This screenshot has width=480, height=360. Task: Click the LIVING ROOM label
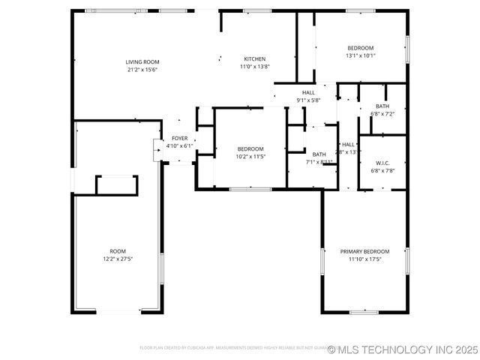click(142, 61)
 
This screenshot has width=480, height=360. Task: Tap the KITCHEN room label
click(255, 58)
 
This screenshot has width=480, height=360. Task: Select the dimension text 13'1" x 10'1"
click(360, 55)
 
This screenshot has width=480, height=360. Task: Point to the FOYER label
click(179, 138)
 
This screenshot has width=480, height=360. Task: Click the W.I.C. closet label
click(382, 163)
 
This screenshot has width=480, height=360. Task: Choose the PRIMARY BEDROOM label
click(364, 251)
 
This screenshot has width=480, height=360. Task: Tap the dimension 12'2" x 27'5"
click(118, 259)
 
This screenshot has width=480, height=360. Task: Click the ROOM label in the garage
click(118, 251)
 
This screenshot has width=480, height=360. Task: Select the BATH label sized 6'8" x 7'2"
click(382, 106)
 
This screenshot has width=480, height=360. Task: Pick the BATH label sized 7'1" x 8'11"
click(319, 154)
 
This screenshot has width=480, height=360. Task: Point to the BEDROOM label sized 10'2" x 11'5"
click(250, 148)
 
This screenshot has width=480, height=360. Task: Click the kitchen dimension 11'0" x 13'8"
click(255, 66)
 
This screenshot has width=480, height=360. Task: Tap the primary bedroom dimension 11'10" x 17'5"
click(364, 259)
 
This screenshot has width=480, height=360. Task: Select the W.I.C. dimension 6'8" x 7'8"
click(382, 170)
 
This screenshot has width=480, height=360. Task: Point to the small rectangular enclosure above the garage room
click(116, 184)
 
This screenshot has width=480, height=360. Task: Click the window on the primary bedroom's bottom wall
click(364, 312)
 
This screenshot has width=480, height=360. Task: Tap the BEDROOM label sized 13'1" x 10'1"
click(360, 48)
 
